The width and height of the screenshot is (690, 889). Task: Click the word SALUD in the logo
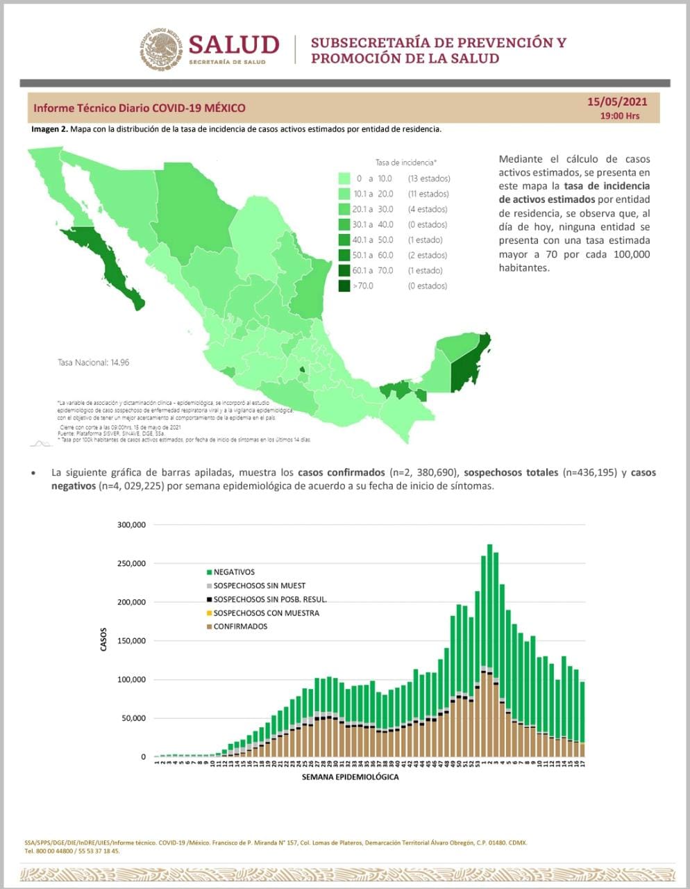pyautogui.click(x=233, y=44)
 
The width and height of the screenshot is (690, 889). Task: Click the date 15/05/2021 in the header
pyautogui.click(x=617, y=101)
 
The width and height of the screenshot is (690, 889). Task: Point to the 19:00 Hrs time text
pyautogui.click(x=620, y=116)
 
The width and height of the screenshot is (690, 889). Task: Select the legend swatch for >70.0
pyautogui.click(x=344, y=285)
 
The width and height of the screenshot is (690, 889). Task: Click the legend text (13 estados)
pyautogui.click(x=428, y=178)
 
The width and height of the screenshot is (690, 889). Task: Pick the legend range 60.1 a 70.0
pyautogui.click(x=373, y=270)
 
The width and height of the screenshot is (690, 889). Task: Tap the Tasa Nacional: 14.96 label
pyautogui.click(x=93, y=363)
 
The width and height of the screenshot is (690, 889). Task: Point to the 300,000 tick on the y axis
pyautogui.click(x=131, y=525)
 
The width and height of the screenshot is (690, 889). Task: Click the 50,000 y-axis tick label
pyautogui.click(x=134, y=719)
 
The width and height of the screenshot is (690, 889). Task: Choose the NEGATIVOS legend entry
pyautogui.click(x=234, y=572)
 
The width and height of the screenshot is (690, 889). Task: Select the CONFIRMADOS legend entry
pyautogui.click(x=240, y=626)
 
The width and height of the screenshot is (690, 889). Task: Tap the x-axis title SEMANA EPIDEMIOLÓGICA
pyautogui.click(x=351, y=776)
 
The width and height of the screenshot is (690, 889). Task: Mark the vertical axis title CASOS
pyautogui.click(x=104, y=640)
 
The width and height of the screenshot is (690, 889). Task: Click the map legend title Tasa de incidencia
pyautogui.click(x=405, y=163)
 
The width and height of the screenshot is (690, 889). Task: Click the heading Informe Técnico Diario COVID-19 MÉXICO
pyautogui.click(x=140, y=108)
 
